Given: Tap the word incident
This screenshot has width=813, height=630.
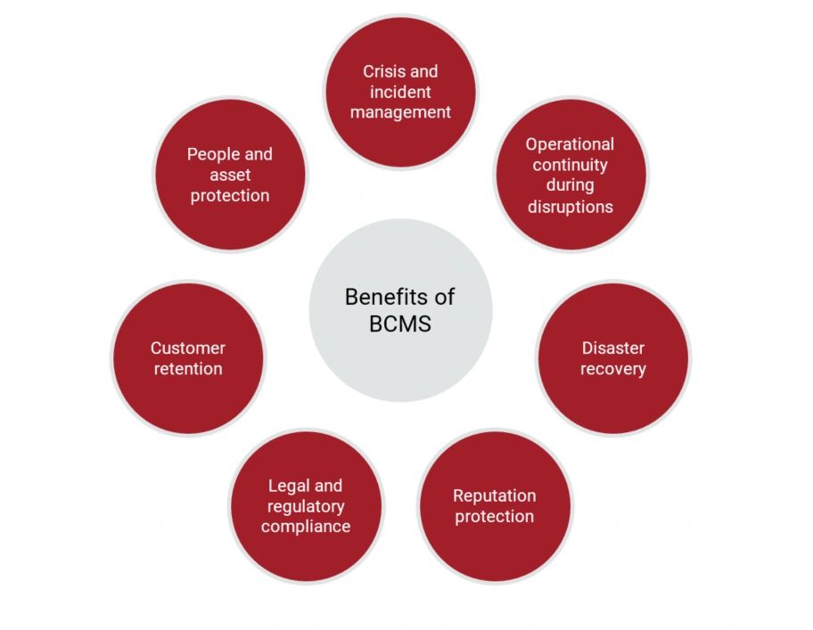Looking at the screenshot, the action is tap(400, 92).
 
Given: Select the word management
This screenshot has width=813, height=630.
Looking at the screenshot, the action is tap(400, 113).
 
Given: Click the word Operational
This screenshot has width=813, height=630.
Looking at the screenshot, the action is tap(570, 144).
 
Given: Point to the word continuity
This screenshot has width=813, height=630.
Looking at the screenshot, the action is tap(570, 165).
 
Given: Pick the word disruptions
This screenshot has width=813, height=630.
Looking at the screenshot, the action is tap(571, 208).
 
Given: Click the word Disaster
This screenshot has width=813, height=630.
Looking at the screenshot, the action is tap(612, 348).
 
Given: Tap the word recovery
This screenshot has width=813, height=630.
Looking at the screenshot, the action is tap(612, 370).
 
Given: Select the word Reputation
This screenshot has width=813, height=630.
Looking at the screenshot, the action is tap(494, 496).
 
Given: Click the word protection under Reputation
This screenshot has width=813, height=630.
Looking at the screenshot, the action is tap(494, 517).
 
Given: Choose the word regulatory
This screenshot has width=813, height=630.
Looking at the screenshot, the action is tap(306, 507).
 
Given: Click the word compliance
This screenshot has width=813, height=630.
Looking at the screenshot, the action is tap(306, 527).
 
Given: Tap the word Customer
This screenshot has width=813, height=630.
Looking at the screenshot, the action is tap(188, 348).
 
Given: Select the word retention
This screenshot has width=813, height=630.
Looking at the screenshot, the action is tap(188, 369).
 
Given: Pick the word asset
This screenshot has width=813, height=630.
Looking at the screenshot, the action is tap(230, 176).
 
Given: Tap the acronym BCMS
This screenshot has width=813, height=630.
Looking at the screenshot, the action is tap(399, 324).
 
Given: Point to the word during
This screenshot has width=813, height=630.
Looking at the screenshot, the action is tap(570, 186).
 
